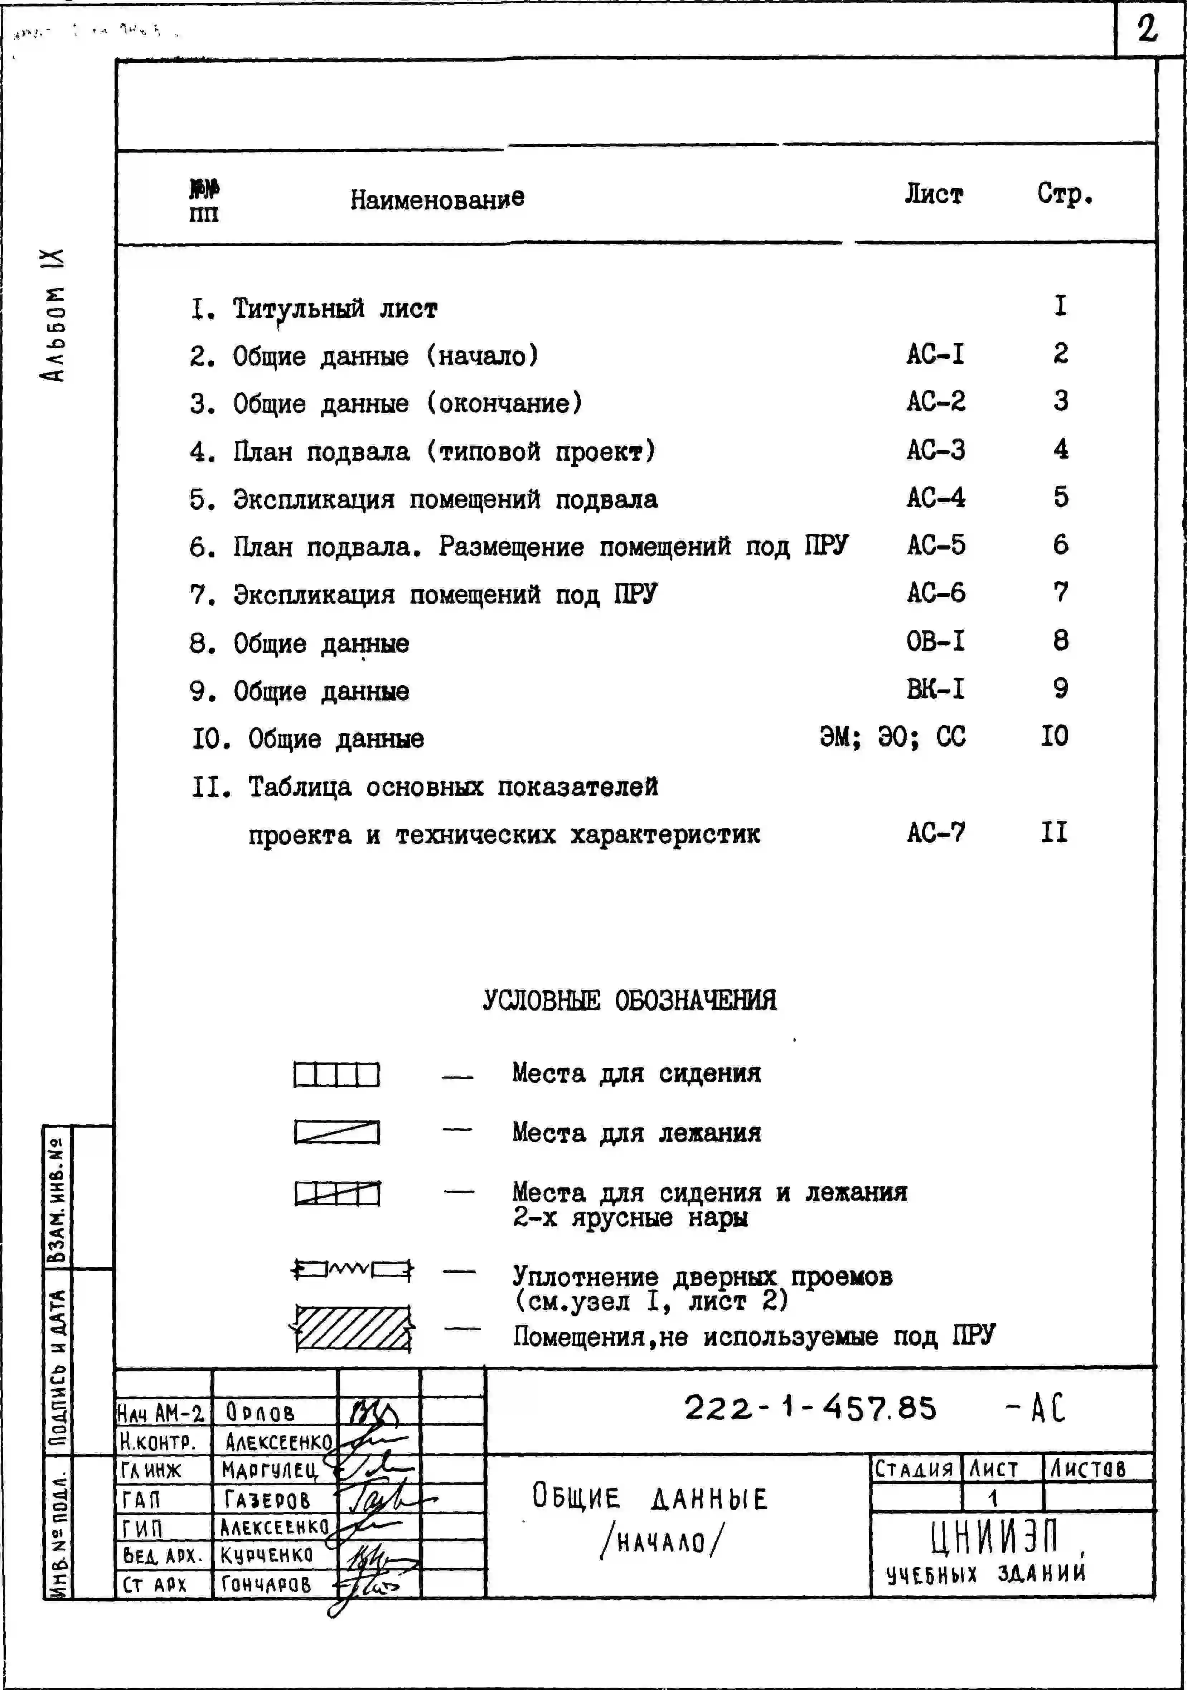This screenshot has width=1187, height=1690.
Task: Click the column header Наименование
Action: coord(437,199)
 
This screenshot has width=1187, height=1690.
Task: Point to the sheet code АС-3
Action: coord(935,450)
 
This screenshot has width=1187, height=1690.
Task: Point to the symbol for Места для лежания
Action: coord(336,1132)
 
